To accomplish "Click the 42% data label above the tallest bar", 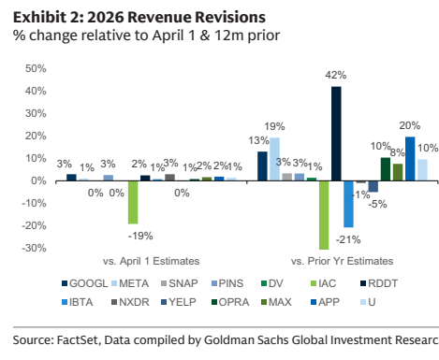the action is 336,75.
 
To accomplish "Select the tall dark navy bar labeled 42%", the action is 336,134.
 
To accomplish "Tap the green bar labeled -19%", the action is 133,202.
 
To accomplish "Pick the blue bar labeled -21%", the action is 348,204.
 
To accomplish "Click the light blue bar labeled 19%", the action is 274,159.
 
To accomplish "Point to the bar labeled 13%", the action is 262,166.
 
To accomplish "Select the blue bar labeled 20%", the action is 410,159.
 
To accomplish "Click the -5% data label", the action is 377,205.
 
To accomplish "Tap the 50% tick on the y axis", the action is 36,68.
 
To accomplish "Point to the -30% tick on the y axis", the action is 34,248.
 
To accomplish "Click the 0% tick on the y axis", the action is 38,180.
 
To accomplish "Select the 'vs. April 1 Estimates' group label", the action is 152,261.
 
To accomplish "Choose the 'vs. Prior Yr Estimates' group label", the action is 342,261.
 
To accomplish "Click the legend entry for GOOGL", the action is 85,283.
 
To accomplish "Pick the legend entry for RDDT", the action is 379,283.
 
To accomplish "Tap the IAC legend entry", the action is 324,283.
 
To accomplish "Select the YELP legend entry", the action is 179,302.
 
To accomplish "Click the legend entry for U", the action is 368,302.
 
